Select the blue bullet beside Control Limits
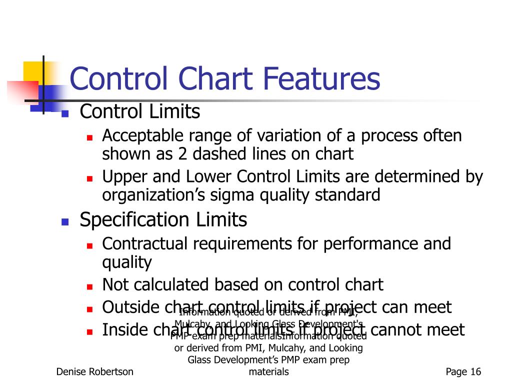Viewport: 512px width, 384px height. tap(64, 113)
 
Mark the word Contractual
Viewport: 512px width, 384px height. tap(145, 244)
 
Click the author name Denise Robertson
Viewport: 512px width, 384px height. tap(94, 371)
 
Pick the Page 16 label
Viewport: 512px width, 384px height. tap(463, 371)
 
